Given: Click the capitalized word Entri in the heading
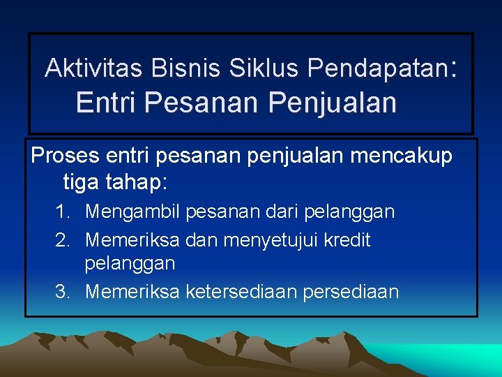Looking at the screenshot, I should pos(106,103).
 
